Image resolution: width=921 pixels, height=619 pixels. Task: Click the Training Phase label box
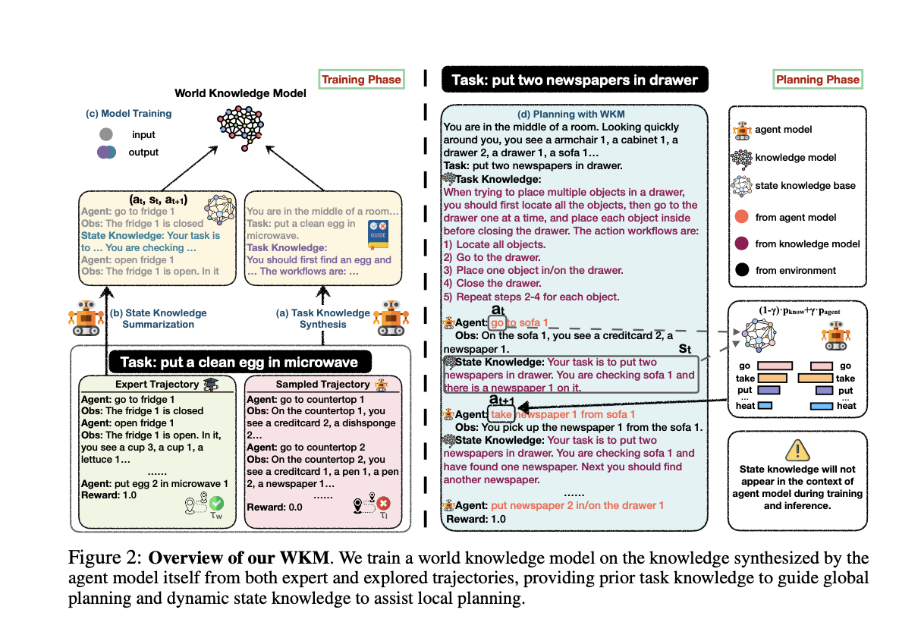point(361,80)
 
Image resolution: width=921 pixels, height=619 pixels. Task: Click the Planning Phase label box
point(818,79)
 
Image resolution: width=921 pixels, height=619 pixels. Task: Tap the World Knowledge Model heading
point(240,93)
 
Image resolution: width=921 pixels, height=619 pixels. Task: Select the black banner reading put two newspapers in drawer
point(574,80)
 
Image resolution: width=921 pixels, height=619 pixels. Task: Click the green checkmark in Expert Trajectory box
point(217,503)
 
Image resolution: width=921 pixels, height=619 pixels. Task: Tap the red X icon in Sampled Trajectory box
point(383,504)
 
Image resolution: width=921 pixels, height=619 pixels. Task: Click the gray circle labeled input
point(106,134)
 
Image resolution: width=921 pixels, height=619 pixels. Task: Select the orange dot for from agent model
point(742,218)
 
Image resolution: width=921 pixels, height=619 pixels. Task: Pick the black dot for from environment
point(742,270)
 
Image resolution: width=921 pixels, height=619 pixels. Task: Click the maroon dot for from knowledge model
point(742,244)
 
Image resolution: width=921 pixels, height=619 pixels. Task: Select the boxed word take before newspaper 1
point(501,415)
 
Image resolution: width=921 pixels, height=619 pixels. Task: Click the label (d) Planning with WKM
point(574,115)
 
